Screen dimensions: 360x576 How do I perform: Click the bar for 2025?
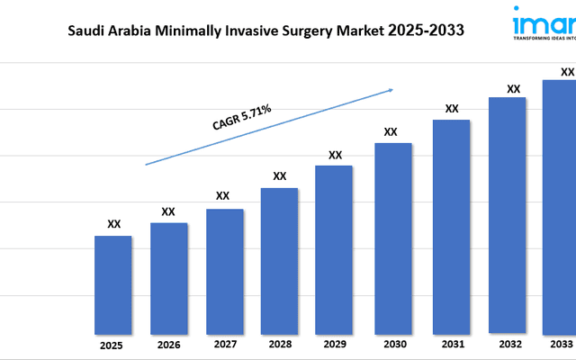[113, 284]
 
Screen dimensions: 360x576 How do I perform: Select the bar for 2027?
[224, 271]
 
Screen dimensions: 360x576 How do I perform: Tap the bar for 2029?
[334, 249]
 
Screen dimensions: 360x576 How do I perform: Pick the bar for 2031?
[451, 226]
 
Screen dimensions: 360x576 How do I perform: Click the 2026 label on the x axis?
[167, 346]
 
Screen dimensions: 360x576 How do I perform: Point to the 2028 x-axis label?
[279, 346]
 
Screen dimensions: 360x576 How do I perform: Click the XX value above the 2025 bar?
[113, 224]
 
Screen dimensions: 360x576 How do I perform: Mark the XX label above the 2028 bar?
[279, 175]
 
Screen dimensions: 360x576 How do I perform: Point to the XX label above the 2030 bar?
[391, 131]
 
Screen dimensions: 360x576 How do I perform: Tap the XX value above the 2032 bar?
[513, 88]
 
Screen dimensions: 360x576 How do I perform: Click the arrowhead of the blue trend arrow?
[391, 89]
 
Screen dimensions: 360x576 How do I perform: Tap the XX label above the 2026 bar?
[167, 211]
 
